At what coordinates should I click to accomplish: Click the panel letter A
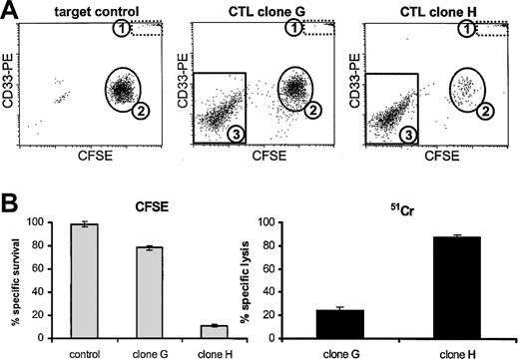coord(10,9)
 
